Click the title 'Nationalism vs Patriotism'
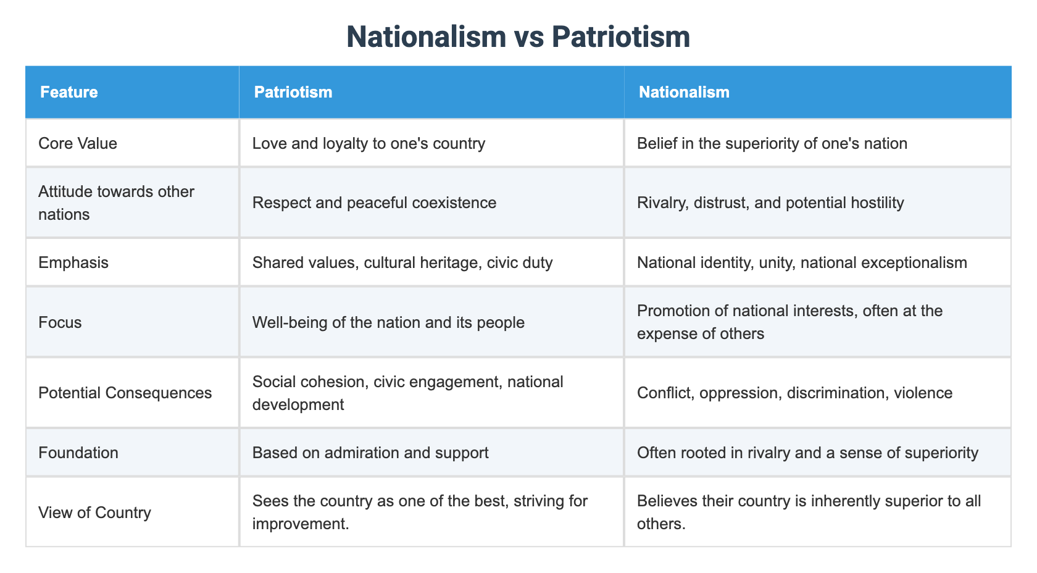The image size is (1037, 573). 518,36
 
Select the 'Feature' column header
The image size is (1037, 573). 69,93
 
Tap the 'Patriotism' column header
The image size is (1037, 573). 293,93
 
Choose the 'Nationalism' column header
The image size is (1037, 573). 684,93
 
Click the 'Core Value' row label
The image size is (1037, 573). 78,143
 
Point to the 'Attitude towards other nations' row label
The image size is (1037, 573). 116,203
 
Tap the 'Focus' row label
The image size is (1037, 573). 60,322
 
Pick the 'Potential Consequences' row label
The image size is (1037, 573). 125,393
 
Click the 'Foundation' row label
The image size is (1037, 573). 78,453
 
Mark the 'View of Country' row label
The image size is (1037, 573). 94,512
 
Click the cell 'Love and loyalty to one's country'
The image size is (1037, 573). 369,143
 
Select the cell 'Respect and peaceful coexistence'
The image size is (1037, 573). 375,203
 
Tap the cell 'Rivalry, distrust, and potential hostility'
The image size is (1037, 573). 770,203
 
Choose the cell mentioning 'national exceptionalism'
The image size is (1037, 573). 802,262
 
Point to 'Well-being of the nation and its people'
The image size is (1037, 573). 389,322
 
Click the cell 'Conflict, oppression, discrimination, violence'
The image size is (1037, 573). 795,393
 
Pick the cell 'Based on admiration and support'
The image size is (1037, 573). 370,453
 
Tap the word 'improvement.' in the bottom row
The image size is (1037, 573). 294,524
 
